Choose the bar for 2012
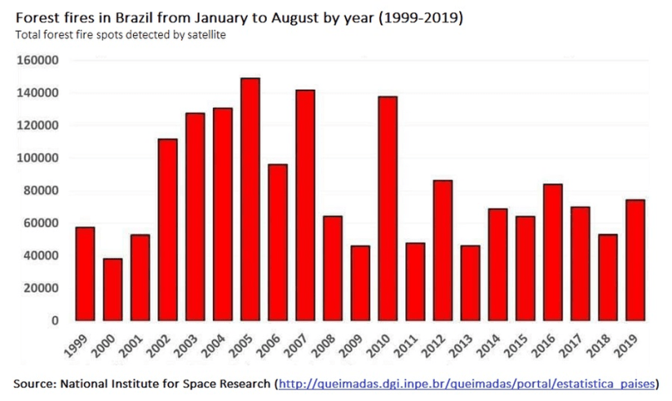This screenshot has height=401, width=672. [x=443, y=250]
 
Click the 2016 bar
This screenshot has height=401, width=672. [x=553, y=252]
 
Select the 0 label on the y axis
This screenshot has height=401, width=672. [x=55, y=320]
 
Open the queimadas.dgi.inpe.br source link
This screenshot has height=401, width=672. [x=467, y=384]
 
